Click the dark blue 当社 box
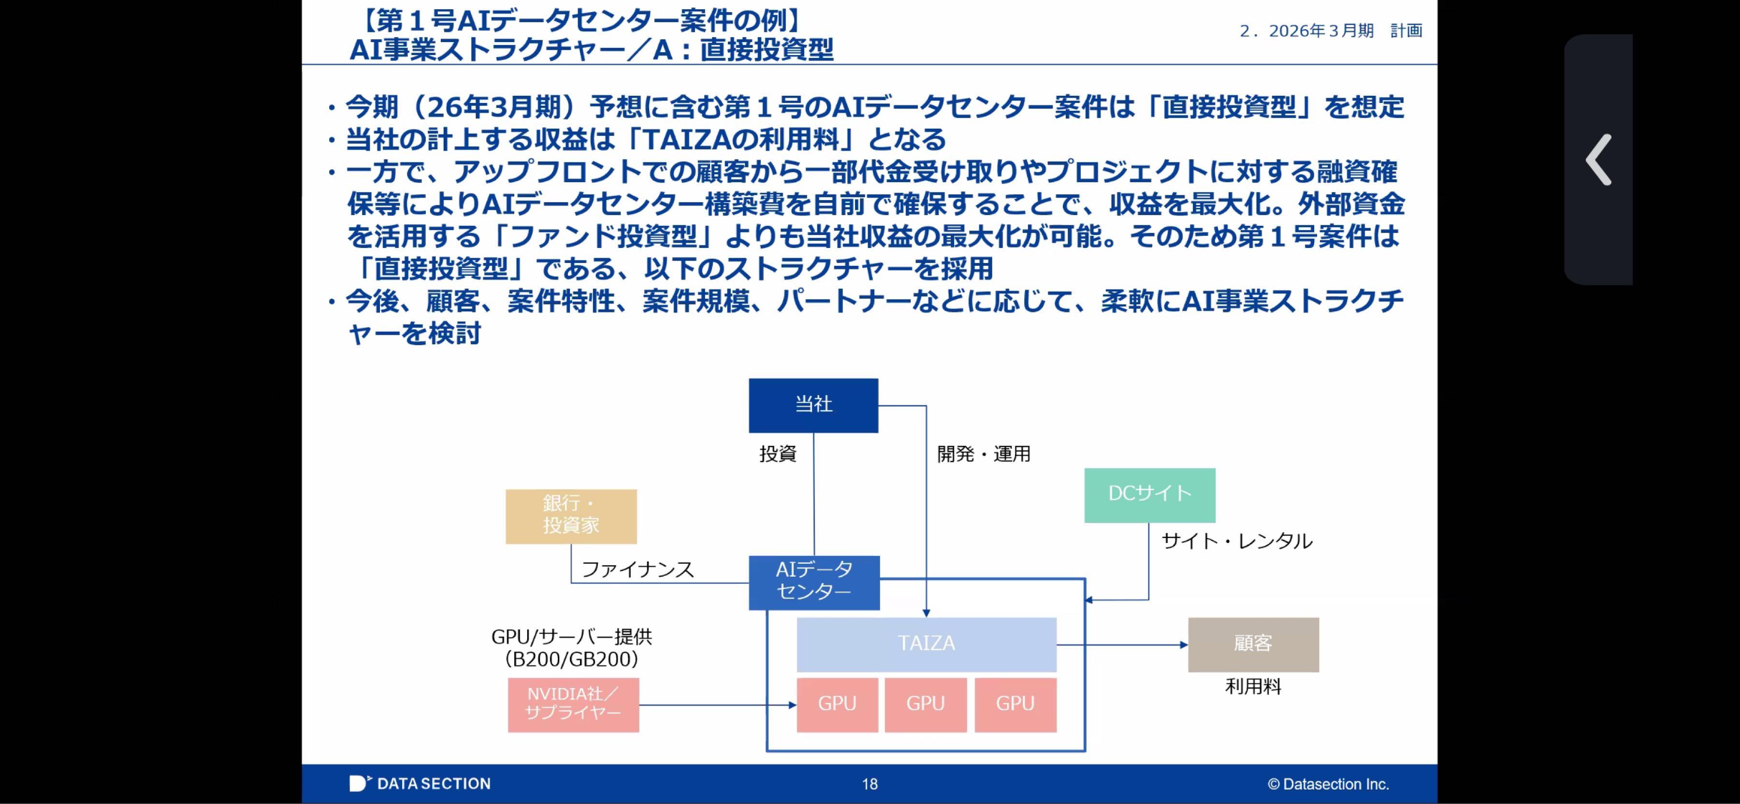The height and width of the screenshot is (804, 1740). (813, 405)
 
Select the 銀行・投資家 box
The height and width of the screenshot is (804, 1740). (571, 516)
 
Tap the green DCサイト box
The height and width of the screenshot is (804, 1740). (1150, 495)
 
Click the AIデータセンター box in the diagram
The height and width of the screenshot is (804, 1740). (814, 582)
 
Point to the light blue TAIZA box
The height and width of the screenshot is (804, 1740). (926, 644)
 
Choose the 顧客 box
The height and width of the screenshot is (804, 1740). (1253, 644)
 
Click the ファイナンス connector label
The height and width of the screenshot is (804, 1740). (637, 570)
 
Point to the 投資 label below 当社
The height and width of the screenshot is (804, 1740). (778, 454)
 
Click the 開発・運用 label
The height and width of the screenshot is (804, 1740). (984, 454)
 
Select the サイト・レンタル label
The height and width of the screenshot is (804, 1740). (1236, 541)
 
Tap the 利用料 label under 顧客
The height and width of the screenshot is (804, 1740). (1253, 687)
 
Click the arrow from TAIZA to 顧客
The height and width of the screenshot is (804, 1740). (1121, 644)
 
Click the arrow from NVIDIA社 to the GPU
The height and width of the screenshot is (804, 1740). (716, 705)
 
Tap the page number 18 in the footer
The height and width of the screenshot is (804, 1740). (870, 784)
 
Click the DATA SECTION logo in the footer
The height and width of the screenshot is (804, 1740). (420, 784)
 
